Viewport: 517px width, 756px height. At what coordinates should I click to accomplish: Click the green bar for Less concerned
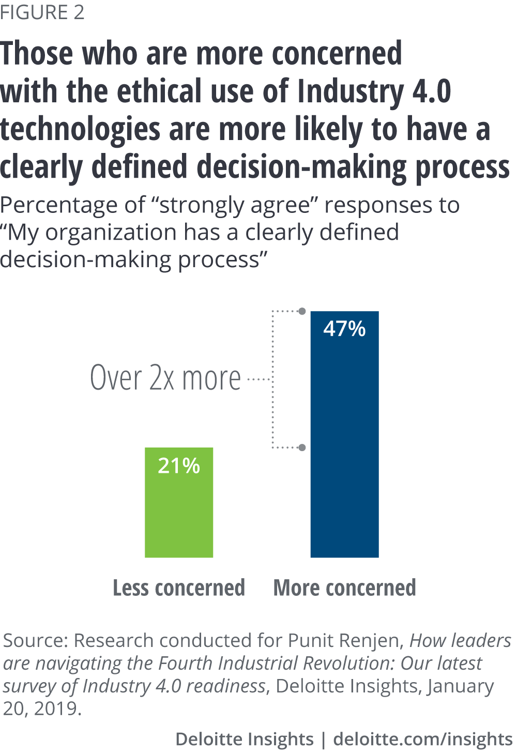click(179, 512)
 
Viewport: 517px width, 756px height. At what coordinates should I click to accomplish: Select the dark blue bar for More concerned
click(344, 444)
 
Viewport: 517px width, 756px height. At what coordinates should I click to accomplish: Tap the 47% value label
click(344, 329)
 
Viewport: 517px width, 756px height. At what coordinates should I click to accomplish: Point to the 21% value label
click(179, 466)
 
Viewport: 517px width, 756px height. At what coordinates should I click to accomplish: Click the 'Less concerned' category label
click(179, 588)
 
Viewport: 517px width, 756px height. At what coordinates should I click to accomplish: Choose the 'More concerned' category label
click(344, 588)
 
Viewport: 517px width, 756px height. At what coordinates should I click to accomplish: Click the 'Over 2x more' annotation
click(165, 378)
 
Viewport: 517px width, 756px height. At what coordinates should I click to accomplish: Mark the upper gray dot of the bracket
click(302, 311)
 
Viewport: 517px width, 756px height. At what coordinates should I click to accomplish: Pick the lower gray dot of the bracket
click(302, 448)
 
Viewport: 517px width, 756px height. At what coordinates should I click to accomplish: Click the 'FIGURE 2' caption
click(42, 12)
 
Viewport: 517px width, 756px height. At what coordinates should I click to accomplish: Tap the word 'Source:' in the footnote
click(36, 641)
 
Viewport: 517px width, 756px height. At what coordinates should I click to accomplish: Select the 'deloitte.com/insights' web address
click(423, 739)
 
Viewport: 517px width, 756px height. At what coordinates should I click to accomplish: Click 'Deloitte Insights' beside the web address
click(244, 739)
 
